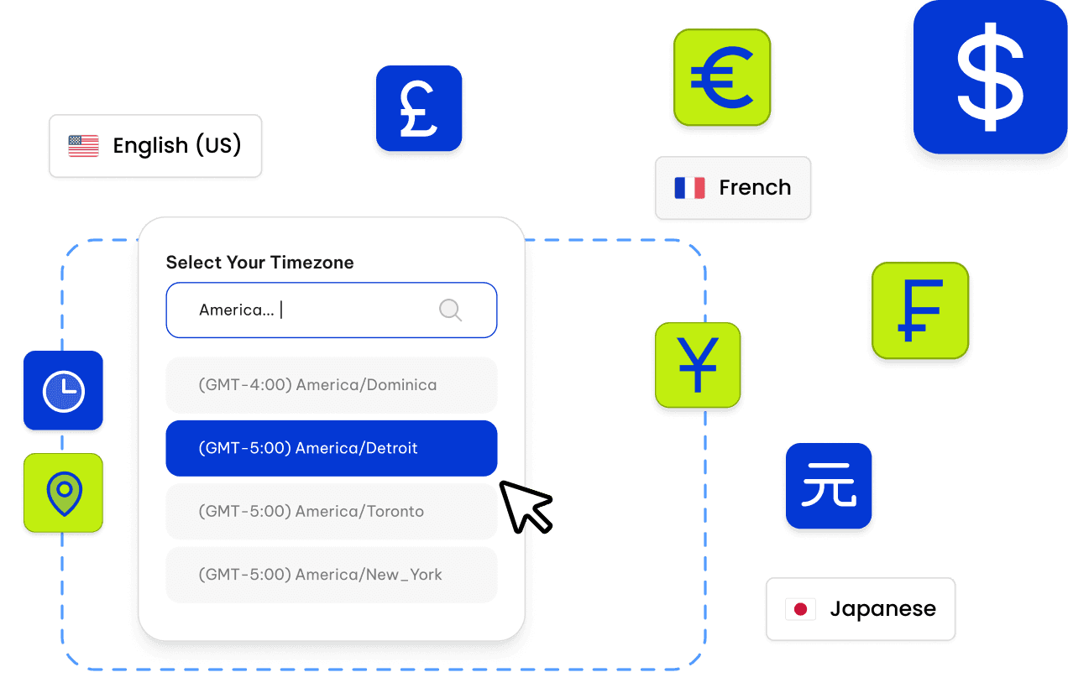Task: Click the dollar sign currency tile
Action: click(990, 76)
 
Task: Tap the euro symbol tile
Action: click(721, 78)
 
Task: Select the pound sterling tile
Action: click(419, 109)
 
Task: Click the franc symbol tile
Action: click(920, 310)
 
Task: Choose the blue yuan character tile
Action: click(829, 487)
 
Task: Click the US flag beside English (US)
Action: click(84, 146)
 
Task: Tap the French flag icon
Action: click(689, 188)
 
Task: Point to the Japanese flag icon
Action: click(800, 609)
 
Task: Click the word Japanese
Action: click(882, 609)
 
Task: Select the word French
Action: click(755, 188)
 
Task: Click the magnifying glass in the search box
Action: click(451, 310)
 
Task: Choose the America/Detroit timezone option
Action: click(332, 448)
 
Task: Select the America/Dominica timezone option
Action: click(332, 385)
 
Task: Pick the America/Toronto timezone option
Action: click(332, 511)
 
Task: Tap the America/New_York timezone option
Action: click(332, 575)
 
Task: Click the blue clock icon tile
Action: click(64, 392)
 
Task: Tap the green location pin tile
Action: click(64, 493)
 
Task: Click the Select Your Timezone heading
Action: click(259, 263)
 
